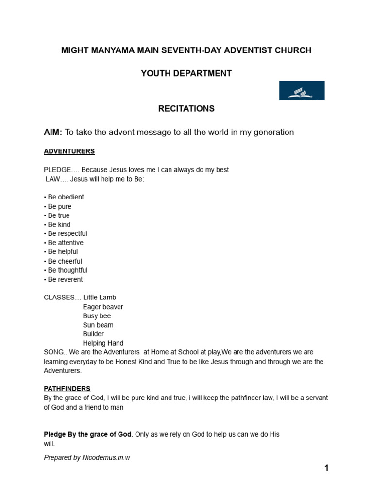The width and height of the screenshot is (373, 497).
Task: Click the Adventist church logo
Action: pyautogui.click(x=302, y=91)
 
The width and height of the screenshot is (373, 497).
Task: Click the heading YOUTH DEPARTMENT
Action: pyautogui.click(x=186, y=74)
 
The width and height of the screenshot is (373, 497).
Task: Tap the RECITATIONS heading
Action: pyautogui.click(x=186, y=109)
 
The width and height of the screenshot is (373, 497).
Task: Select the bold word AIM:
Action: pyautogui.click(x=53, y=132)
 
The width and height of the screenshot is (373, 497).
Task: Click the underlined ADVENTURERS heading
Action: pyautogui.click(x=69, y=151)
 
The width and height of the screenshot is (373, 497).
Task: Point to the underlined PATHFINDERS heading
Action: pyautogui.click(x=67, y=389)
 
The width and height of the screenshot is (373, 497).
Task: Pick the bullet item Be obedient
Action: pyautogui.click(x=66, y=197)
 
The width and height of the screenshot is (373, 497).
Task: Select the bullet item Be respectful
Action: pyautogui.click(x=68, y=233)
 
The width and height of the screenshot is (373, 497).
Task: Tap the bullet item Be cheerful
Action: pyautogui.click(x=65, y=261)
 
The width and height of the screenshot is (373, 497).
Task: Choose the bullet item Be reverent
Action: pyautogui.click(x=65, y=279)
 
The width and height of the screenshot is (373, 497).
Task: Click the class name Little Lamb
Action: pyautogui.click(x=100, y=298)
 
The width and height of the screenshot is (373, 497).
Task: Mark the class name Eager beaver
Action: pyautogui.click(x=103, y=307)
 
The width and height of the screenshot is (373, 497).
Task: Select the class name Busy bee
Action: pyautogui.click(x=97, y=316)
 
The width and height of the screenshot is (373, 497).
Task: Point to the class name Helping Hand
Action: pyautogui.click(x=103, y=343)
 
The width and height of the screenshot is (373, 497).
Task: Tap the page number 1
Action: pyautogui.click(x=327, y=468)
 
